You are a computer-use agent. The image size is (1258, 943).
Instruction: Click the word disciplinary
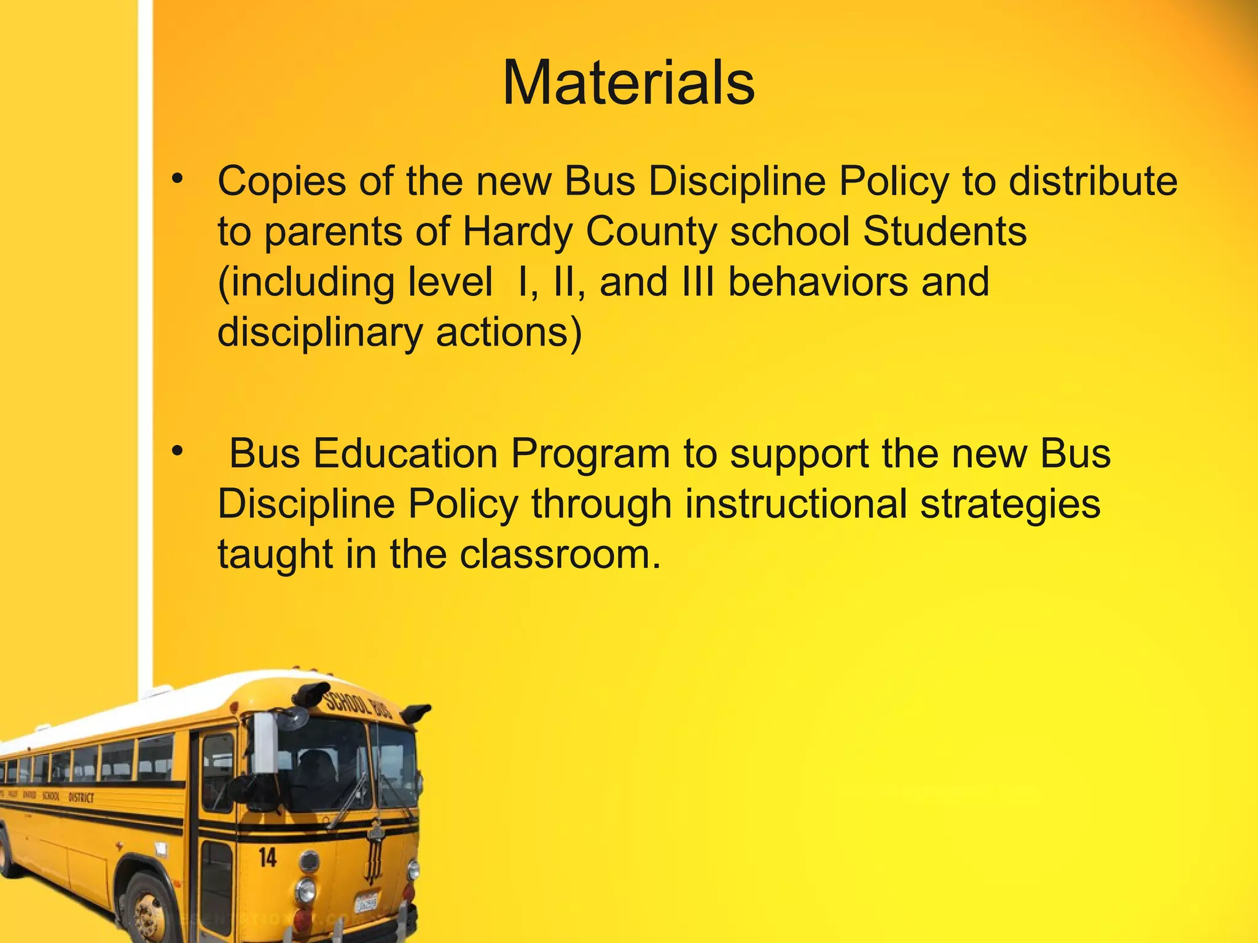click(x=320, y=333)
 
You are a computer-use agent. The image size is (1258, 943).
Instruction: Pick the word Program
click(x=590, y=455)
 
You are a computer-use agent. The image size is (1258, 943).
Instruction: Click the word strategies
click(x=1010, y=505)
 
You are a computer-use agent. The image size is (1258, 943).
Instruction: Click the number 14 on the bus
click(x=268, y=858)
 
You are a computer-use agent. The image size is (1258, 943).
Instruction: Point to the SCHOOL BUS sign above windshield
click(x=357, y=706)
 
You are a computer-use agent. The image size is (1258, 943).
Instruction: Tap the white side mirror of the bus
click(x=265, y=743)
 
